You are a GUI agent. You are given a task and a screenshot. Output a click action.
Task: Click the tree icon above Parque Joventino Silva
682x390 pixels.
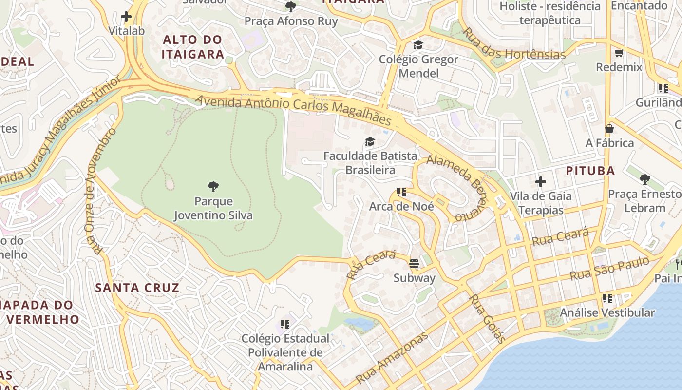pos(213,186)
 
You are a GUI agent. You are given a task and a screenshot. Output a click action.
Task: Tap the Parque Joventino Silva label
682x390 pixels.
pos(213,208)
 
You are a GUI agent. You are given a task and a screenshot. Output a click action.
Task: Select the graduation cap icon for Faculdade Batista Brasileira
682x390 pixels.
pos(370,142)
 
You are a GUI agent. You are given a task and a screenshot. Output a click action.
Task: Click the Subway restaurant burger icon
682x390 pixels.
pos(414,264)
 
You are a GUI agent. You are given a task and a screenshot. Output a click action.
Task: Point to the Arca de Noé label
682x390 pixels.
pos(401,206)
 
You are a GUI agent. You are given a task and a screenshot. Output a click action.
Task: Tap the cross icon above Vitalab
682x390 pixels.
pos(126,17)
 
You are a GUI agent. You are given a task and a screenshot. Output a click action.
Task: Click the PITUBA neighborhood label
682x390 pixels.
pos(590,171)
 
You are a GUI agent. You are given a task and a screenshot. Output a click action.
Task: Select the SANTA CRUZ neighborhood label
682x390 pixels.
pos(137,288)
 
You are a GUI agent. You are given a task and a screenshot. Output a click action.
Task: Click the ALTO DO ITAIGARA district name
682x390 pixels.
pos(193,47)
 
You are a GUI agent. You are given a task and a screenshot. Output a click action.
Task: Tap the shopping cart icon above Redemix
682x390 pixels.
pos(619,53)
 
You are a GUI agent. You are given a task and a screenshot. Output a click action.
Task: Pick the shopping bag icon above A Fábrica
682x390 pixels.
pos(609,129)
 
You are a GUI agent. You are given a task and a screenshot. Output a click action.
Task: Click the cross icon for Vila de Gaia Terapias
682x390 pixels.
pos(540,182)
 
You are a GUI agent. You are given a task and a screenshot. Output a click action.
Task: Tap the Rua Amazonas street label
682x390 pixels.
pos(392,358)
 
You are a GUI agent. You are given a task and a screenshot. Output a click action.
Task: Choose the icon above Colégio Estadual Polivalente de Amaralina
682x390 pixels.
pos(285,324)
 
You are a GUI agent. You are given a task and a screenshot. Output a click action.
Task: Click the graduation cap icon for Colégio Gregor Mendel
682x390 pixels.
pos(418,45)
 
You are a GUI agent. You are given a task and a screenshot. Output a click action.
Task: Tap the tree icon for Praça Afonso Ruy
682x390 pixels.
pos(291,7)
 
